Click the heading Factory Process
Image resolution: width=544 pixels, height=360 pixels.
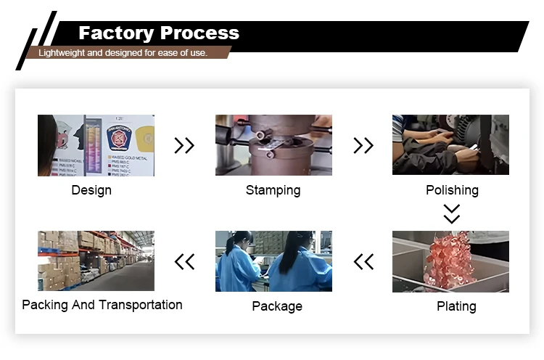coord(158,33)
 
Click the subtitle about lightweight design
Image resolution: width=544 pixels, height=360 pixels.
coord(123,53)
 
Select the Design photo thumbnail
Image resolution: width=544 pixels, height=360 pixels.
coord(96,145)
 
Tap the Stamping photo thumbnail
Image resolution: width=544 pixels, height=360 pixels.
coord(273,145)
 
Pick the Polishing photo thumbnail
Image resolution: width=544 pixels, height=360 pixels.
coord(450,145)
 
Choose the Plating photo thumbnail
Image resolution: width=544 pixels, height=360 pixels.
coord(450,261)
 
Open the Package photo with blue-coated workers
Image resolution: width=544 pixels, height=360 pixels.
coord(273,261)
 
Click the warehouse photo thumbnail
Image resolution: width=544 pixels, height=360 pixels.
coord(96,261)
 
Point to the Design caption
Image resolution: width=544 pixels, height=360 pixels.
coord(91,190)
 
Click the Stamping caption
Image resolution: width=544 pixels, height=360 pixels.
coord(273,190)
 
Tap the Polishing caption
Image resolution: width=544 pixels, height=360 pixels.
coord(452,190)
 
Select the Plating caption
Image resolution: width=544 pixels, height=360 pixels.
coord(456,306)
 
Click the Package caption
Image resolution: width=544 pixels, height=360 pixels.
coord(276,306)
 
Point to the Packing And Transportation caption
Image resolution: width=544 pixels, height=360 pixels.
coord(102,305)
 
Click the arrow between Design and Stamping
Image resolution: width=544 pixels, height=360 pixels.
coord(184,146)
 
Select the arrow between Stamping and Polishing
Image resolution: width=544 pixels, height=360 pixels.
coord(363,146)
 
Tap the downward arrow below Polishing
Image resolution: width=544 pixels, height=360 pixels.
coord(451,213)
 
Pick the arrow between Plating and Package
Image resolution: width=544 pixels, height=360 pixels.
coord(363,261)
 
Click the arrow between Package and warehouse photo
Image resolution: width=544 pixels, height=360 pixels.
coord(184,261)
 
